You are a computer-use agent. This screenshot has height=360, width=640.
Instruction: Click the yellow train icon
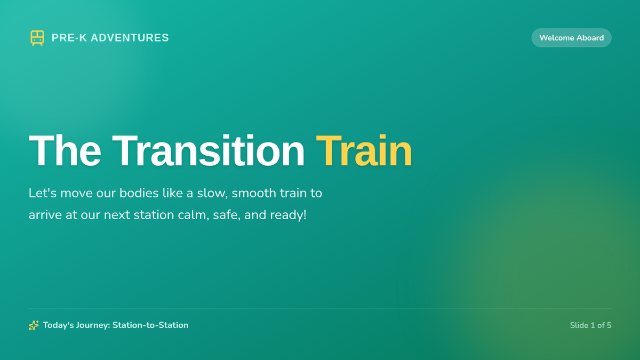click(x=37, y=38)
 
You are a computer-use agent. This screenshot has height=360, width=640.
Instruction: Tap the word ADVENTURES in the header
click(x=130, y=38)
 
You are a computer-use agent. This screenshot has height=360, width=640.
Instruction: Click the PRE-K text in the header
click(x=69, y=38)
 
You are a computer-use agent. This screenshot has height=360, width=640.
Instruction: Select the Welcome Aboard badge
click(x=571, y=38)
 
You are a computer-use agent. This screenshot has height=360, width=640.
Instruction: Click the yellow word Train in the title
click(x=364, y=150)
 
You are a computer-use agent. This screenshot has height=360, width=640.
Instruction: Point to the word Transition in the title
click(x=209, y=150)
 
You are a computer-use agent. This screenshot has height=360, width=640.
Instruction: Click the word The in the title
click(x=65, y=150)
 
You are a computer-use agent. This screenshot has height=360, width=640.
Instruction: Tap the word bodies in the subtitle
click(x=139, y=193)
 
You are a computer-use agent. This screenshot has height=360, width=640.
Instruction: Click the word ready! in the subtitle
click(x=288, y=215)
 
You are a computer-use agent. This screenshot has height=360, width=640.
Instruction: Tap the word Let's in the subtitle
click(x=43, y=193)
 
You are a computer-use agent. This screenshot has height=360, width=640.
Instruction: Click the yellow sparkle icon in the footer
click(x=34, y=325)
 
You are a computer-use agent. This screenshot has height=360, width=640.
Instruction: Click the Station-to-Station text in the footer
click(x=150, y=325)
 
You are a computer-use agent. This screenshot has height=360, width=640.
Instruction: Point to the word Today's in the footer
click(x=58, y=325)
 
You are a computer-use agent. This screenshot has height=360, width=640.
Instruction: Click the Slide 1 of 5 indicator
click(x=590, y=325)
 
